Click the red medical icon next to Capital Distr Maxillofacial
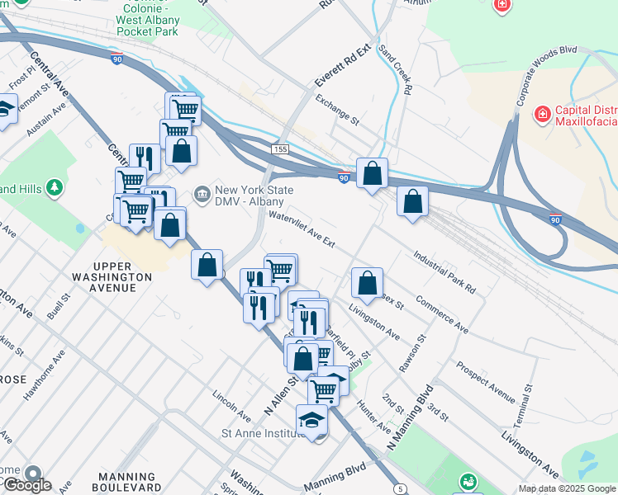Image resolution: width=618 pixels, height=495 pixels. point(543,113)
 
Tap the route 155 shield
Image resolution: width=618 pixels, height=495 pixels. point(282,148)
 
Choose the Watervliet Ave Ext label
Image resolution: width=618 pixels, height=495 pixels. point(302,230)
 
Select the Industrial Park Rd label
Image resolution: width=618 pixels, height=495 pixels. point(444,273)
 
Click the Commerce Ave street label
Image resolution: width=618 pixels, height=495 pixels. point(442,315)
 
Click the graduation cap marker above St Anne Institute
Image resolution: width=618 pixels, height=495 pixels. point(312,420)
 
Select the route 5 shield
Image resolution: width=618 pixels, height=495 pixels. point(401,489)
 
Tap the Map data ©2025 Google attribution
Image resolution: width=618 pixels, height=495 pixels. point(567,488)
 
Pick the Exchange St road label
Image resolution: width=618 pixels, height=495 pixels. point(338,110)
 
